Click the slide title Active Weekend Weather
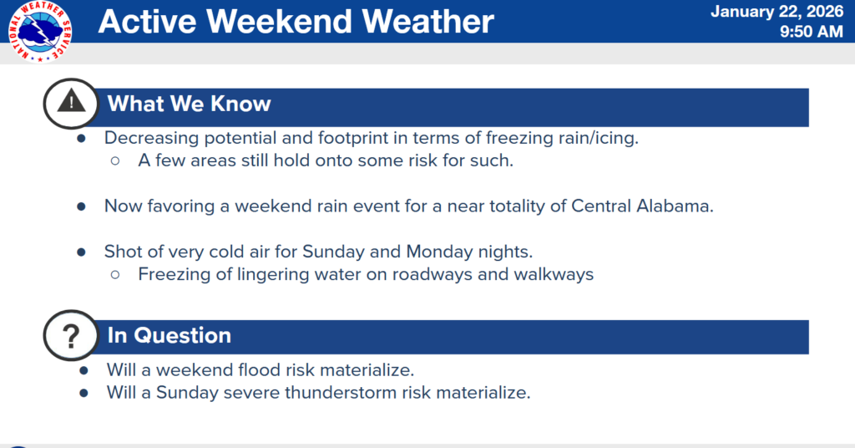click(296, 23)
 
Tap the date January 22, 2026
click(777, 12)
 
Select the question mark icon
click(72, 336)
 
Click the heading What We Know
click(189, 104)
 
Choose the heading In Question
click(169, 336)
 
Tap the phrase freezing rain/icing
click(569, 139)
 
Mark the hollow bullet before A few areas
click(115, 161)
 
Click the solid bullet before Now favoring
click(81, 206)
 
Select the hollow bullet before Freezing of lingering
click(115, 274)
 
